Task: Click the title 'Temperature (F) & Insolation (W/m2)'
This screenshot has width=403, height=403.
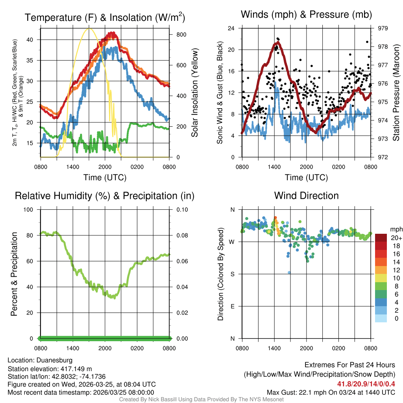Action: click(105, 17)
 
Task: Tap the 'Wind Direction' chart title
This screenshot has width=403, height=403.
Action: click(306, 196)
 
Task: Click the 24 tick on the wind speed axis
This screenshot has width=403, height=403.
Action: click(231, 28)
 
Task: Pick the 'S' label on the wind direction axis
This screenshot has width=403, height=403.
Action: click(233, 274)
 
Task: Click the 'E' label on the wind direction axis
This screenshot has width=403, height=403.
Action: click(233, 306)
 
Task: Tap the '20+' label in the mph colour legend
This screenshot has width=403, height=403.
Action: click(396, 238)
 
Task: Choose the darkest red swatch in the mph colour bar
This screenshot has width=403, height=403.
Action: click(381, 238)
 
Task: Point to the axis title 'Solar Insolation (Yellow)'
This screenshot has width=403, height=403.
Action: click(194, 93)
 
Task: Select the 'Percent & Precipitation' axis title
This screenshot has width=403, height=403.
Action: click(14, 274)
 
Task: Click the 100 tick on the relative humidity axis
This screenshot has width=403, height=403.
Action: click(30, 209)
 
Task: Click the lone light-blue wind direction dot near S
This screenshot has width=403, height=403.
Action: click(289, 272)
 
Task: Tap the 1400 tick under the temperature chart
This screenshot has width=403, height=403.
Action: click(73, 166)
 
